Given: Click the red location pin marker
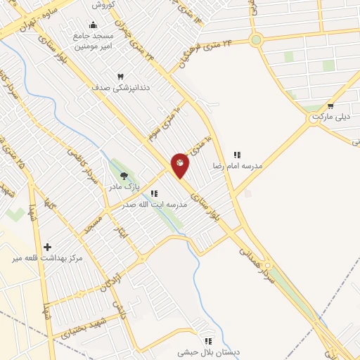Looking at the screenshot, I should click(x=180, y=164).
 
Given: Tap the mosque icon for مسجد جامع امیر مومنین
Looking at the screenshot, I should click(x=93, y=26).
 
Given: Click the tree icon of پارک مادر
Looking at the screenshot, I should click(x=124, y=176).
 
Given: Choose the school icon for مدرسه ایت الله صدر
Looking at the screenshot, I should click(x=154, y=193).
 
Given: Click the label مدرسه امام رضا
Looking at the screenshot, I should click(x=238, y=166).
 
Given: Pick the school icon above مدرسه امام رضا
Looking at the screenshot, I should click(x=237, y=155).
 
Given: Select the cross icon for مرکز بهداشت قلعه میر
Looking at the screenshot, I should click(x=47, y=247).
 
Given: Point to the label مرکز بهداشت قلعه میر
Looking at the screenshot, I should click(x=47, y=259).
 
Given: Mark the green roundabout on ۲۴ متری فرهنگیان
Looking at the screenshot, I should click(x=256, y=40).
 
